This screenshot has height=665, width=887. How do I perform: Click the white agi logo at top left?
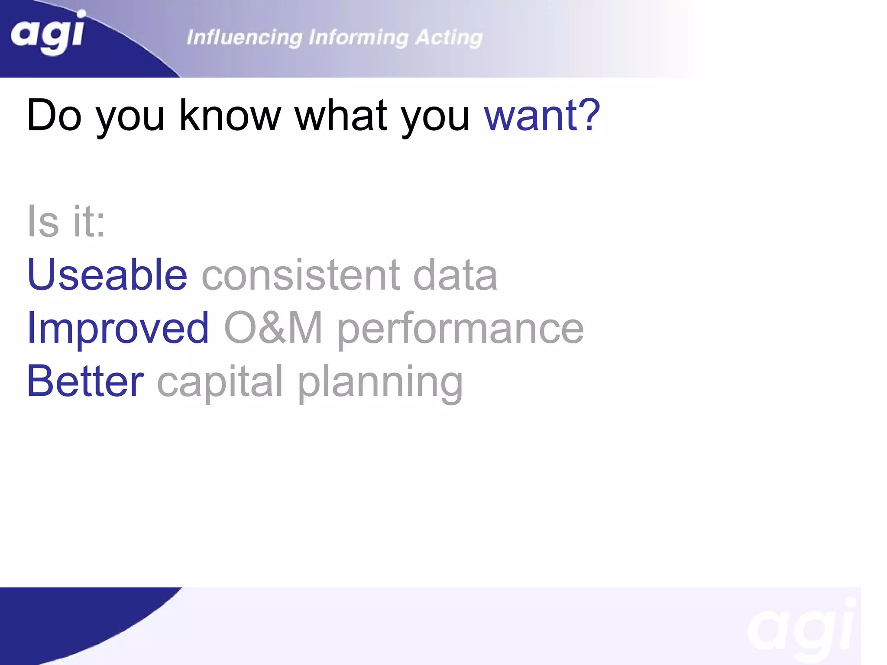point(48,33)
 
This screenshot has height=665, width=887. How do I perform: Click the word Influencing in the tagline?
point(244,38)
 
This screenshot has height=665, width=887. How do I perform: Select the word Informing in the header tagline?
point(358,38)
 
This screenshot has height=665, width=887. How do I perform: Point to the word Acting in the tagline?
point(449,38)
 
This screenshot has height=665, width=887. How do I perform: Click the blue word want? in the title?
point(542,115)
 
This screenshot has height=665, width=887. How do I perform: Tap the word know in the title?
point(230,115)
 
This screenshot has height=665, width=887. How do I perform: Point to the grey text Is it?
point(66,221)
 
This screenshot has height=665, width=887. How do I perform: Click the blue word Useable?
point(107,274)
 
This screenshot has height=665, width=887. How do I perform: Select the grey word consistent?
point(301,274)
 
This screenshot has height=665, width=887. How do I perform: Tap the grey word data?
point(455,274)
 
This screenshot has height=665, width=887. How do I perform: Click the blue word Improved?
point(118,328)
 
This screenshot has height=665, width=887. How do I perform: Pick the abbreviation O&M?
point(273,328)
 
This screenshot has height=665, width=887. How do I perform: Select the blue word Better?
point(85,381)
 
